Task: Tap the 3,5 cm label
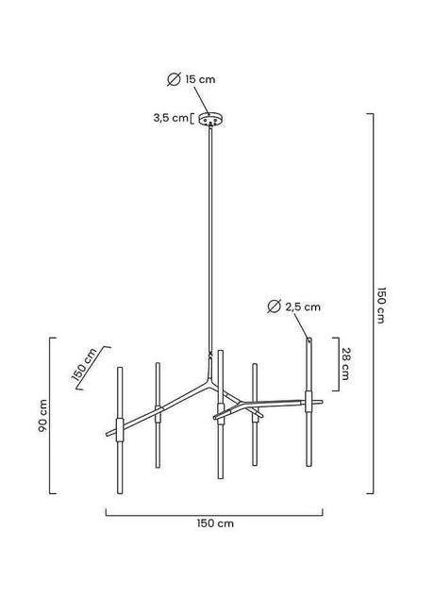(171, 118)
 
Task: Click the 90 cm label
(42, 415)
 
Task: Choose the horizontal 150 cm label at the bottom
(216, 522)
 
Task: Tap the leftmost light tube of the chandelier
(118, 415)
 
